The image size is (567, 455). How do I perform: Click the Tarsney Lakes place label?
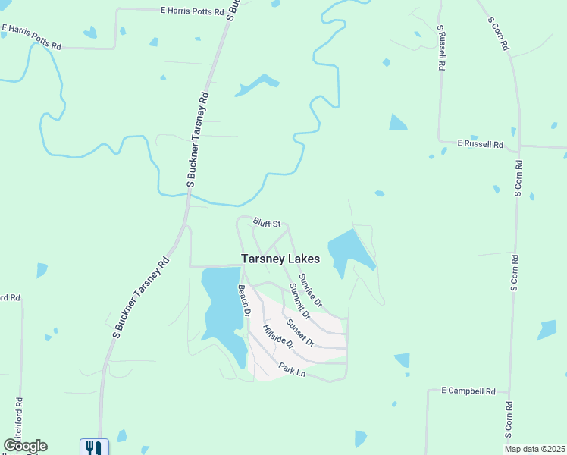tap(280, 259)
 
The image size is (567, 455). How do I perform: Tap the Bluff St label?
tap(267, 223)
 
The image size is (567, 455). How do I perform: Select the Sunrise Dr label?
tap(310, 290)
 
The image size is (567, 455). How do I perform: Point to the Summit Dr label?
tap(299, 300)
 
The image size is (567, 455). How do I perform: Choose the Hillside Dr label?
tap(277, 336)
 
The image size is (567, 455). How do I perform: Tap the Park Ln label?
tap(291, 370)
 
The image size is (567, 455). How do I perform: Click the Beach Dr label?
tap(244, 300)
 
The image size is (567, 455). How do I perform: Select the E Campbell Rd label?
tap(468, 391)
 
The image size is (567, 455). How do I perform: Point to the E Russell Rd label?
tap(480, 143)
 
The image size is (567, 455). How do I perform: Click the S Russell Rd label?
tap(440, 48)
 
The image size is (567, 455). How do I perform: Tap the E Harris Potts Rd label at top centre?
tap(193, 12)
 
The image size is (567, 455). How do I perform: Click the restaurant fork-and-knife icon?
tap(94, 447)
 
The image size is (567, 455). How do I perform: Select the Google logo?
tap(25, 446)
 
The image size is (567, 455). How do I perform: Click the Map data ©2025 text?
tap(534, 449)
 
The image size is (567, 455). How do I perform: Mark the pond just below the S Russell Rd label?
tap(397, 122)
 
